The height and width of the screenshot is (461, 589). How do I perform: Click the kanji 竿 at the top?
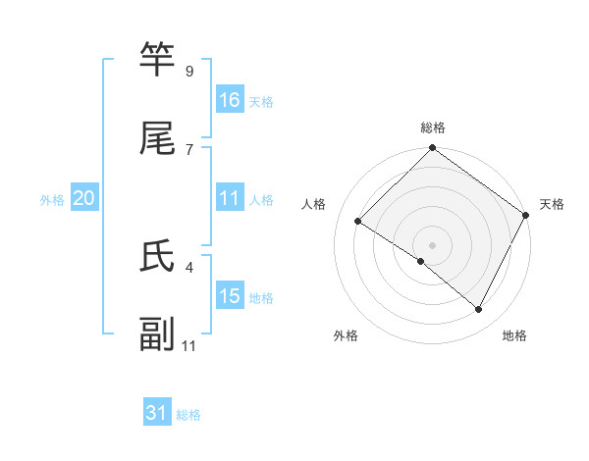tap(158, 60)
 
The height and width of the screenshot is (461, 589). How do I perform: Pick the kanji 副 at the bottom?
tap(158, 334)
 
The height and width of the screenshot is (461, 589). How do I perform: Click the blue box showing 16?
tap(230, 99)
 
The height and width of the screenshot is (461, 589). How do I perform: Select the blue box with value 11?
tap(230, 198)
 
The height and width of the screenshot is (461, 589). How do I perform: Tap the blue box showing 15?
tap(230, 295)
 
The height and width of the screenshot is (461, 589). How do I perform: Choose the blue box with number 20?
tap(84, 198)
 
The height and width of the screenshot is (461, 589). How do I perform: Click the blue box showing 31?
tap(157, 414)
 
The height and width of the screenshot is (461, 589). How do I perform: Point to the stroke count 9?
tap(189, 72)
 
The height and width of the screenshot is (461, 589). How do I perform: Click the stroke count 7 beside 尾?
tap(189, 149)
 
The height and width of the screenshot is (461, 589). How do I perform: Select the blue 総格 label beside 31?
tap(188, 415)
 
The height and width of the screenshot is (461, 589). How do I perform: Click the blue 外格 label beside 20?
tap(52, 199)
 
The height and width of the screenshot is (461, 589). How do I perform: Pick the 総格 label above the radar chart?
tap(433, 128)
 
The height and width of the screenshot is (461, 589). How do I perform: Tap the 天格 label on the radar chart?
tap(553, 204)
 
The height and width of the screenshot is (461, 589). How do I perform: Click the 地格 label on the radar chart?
tap(514, 335)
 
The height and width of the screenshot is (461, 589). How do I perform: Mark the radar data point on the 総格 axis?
tap(433, 150)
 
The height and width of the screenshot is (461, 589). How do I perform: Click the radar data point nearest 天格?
tap(526, 215)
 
